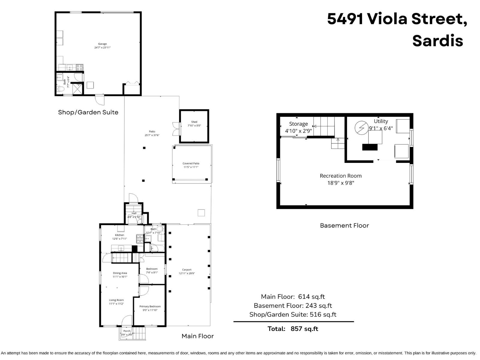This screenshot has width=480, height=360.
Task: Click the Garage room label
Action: pos(102,44)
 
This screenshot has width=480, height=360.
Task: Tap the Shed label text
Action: pos(194,122)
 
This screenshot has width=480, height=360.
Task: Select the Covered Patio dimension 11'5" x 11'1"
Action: pos(191,167)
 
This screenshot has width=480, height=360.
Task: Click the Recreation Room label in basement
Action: pos(340,176)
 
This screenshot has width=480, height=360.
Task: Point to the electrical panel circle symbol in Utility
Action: pos(361,128)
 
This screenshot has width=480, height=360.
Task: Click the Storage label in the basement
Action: pos(298,124)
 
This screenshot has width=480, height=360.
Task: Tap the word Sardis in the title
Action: pos(437,40)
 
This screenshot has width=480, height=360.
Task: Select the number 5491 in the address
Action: pos(345,19)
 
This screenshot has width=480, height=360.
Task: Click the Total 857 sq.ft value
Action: pos(304,329)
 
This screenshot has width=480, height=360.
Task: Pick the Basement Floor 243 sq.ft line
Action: pos(292,306)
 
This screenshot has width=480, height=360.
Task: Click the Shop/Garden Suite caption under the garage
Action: pos(88,112)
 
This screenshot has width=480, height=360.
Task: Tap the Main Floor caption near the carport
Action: pos(197,336)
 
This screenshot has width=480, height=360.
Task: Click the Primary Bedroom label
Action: pos(150,306)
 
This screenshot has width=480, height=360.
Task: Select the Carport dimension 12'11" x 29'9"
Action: pos(187,273)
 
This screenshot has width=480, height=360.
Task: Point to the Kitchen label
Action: pos(119,235)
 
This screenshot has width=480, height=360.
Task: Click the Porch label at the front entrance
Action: pos(127,331)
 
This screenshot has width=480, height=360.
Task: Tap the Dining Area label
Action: pos(120,273)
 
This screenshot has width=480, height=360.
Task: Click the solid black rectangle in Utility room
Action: pos(370,147)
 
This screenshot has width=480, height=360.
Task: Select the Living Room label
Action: pos(116,300)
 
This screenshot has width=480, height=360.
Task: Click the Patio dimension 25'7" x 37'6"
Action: pos(152,135)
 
